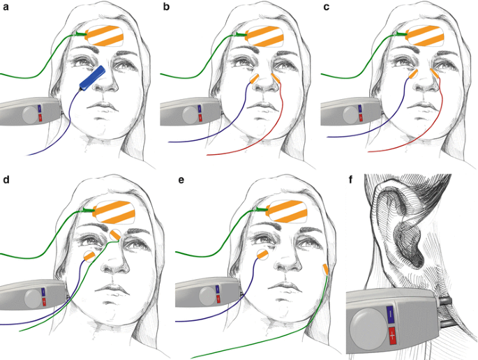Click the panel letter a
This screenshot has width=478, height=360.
pyautogui.click(x=6, y=8)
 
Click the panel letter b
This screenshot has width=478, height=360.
pyautogui.click(x=165, y=8)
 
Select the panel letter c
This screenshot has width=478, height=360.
pyautogui.click(x=325, y=8)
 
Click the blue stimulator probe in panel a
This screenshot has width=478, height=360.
pyautogui.click(x=92, y=77)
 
